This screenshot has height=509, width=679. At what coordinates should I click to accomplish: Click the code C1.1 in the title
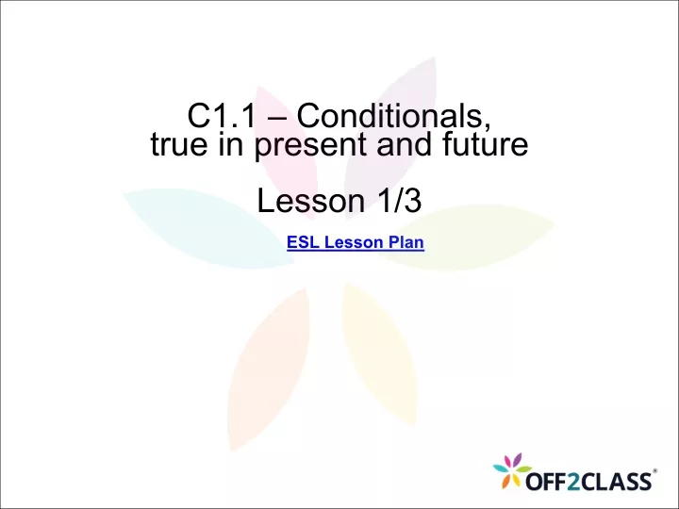coord(222,116)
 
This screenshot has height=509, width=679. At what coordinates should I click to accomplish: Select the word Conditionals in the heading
coord(394,116)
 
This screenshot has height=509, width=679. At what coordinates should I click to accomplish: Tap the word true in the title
coord(179,144)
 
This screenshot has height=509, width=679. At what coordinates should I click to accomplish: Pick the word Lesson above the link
coord(311,201)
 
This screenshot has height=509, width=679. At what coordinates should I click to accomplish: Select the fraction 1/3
coord(400,201)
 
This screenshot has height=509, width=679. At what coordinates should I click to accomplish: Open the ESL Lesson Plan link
coord(356,242)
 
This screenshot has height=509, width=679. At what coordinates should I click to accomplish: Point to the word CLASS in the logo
coord(616,482)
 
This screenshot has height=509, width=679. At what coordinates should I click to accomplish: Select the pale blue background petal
coord(207,227)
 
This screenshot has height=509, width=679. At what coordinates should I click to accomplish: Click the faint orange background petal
coord(270,369)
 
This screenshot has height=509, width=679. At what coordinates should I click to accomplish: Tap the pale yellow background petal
coord(379,353)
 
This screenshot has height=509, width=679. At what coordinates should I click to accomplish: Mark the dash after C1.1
coord(276,118)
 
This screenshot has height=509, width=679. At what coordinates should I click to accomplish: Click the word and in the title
coord(404,144)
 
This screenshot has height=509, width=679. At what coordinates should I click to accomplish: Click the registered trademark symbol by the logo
coord(655,470)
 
